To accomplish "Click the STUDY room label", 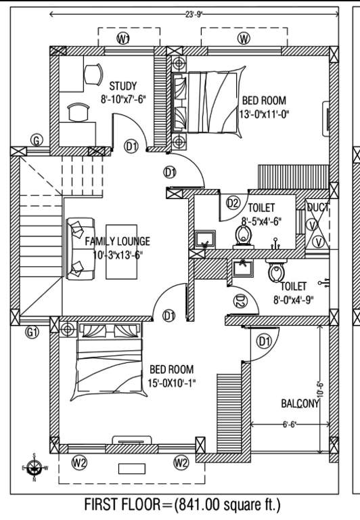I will pyautogui.click(x=122, y=86).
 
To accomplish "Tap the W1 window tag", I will pyautogui.click(x=123, y=40).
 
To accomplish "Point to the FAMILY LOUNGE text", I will pyautogui.click(x=108, y=241).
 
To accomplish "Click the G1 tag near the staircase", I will pyautogui.click(x=32, y=332).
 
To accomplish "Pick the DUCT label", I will pyautogui.click(x=317, y=208).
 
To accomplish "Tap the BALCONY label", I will pyautogui.click(x=300, y=404).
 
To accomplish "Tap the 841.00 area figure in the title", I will pyautogui.click(x=198, y=505).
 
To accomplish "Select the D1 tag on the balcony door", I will pyautogui.click(x=264, y=341).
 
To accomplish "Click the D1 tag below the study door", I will pyautogui.click(x=132, y=146).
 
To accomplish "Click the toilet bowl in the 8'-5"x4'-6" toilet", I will pyautogui.click(x=244, y=235).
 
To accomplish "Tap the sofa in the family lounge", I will pyautogui.click(x=78, y=246).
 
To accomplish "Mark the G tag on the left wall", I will pyautogui.click(x=37, y=140).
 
